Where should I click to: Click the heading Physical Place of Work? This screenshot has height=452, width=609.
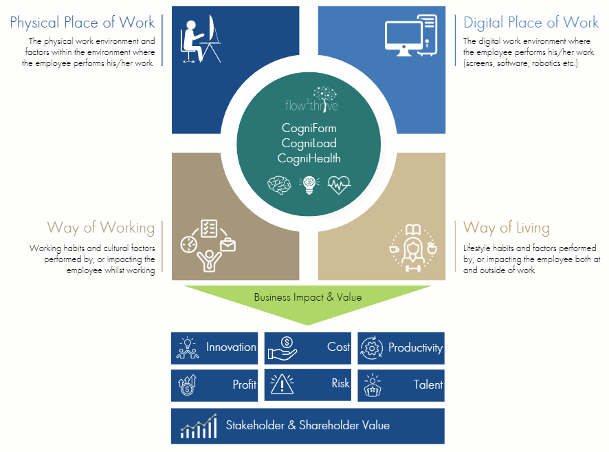(82, 23)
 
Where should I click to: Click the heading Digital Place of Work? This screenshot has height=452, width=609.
(531, 23)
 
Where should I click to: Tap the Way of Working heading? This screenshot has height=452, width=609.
(100, 227)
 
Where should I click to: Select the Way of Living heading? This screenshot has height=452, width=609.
(507, 227)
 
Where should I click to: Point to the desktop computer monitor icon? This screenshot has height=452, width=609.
(411, 39)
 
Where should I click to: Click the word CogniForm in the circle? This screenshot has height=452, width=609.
(309, 128)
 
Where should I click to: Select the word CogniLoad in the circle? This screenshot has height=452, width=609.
(309, 143)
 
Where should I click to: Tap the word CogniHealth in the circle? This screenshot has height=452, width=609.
(309, 158)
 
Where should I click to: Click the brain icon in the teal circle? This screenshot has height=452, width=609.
(279, 185)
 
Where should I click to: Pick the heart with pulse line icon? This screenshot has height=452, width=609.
(339, 185)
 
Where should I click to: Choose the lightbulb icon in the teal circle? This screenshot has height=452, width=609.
(309, 185)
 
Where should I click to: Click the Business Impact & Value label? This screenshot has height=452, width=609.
(307, 297)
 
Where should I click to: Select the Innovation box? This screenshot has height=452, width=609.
(214, 348)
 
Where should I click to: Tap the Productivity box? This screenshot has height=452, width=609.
(401, 348)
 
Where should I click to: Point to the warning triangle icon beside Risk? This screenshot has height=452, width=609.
(283, 385)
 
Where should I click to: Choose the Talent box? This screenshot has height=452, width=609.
(401, 385)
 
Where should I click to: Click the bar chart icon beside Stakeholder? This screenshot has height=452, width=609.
(199, 427)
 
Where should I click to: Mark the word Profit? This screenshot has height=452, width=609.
(244, 385)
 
